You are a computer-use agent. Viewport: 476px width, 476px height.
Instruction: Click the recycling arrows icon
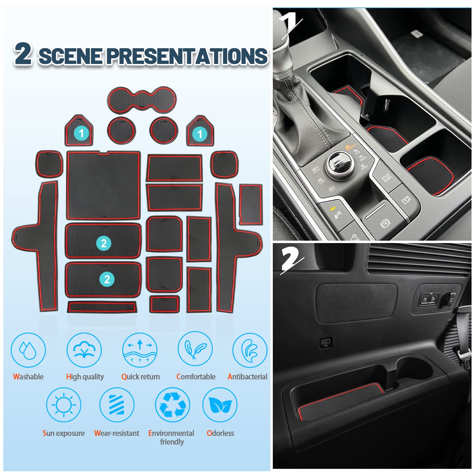pos(173,405)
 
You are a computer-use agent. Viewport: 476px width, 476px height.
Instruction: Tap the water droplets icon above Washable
pos(28,350)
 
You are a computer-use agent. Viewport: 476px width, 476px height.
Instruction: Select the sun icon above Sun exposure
pos(64,405)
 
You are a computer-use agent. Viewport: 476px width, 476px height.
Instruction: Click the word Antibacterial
pos(247,377)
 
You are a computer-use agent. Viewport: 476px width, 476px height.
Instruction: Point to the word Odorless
pos(220,433)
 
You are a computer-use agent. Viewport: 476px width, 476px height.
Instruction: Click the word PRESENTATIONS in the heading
pos(187,56)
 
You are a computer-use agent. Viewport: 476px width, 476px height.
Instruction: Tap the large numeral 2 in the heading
pos(23,53)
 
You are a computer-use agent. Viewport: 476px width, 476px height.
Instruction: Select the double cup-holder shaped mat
pos(142,100)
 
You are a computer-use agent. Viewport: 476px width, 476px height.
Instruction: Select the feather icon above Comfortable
pos(195,349)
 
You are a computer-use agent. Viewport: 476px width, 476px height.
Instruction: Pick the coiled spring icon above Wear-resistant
pos(117,405)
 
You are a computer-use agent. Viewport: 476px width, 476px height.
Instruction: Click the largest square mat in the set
pos(103,185)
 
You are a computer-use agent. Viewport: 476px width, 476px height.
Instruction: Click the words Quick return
pos(140,377)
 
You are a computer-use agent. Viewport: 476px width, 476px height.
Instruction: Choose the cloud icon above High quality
pos(84,350)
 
